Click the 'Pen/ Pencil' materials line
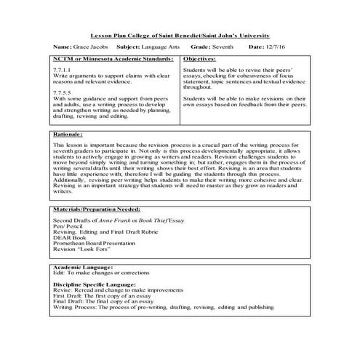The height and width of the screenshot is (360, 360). pyautogui.click(x=69, y=225)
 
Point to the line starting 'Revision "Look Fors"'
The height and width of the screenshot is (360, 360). pyautogui.click(x=81, y=248)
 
